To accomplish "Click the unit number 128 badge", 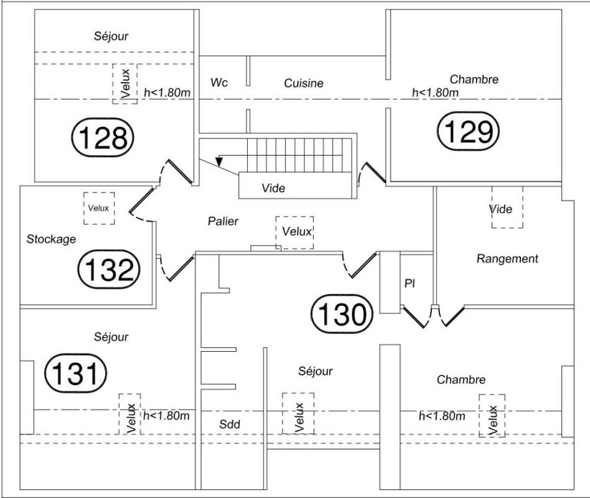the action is (102, 137).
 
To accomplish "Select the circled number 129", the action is (468, 131).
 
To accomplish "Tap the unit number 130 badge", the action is (342, 314).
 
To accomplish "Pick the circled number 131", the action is (76, 373).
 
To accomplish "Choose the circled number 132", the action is (109, 269).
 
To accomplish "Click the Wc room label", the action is (219, 83).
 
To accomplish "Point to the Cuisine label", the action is (304, 83).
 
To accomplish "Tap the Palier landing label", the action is (223, 221).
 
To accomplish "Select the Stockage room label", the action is (51, 239).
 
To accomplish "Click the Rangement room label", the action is (507, 258).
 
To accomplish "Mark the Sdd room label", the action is (230, 424).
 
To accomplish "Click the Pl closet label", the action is (409, 283).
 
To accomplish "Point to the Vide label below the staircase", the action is (273, 188).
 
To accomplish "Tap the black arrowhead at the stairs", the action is (219, 161).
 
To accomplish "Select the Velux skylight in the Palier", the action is (294, 232).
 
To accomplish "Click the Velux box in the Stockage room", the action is (99, 208).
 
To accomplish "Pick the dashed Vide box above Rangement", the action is (507, 207).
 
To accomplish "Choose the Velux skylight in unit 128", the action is (125, 84).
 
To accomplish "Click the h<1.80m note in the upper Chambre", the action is (435, 92).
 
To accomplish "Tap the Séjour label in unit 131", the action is (111, 337).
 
